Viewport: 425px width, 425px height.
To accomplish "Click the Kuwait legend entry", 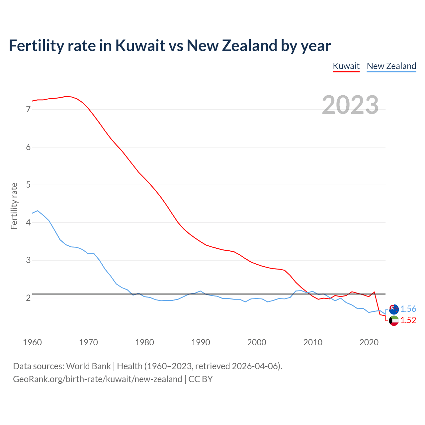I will (346, 66).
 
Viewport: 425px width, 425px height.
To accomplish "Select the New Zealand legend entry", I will (391, 66).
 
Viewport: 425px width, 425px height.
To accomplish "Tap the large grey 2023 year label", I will (350, 105).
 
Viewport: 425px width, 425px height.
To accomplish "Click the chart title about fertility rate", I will (170, 45).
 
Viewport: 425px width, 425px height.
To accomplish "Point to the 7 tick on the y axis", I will (28, 109).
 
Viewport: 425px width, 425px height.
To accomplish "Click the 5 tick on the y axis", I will (28, 185).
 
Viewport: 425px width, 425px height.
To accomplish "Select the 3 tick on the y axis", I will (28, 260).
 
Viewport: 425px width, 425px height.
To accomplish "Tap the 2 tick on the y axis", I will (28, 298).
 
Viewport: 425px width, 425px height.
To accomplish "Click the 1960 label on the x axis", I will (32, 342).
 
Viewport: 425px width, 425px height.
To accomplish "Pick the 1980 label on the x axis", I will (144, 342).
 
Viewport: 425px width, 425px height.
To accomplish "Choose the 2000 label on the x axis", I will (257, 342).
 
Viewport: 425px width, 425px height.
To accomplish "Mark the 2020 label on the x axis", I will (369, 342).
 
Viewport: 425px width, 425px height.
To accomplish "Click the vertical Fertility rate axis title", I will (14, 206).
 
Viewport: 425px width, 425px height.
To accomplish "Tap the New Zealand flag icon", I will (394, 309).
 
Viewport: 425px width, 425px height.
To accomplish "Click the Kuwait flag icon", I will (394, 321).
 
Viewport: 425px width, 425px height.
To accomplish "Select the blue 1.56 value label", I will (408, 309).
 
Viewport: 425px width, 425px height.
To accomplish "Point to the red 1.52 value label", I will (408, 320).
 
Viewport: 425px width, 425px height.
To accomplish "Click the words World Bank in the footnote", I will (88, 366).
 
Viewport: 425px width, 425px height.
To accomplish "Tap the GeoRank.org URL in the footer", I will (97, 379).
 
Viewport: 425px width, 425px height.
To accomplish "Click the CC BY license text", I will (201, 379).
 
